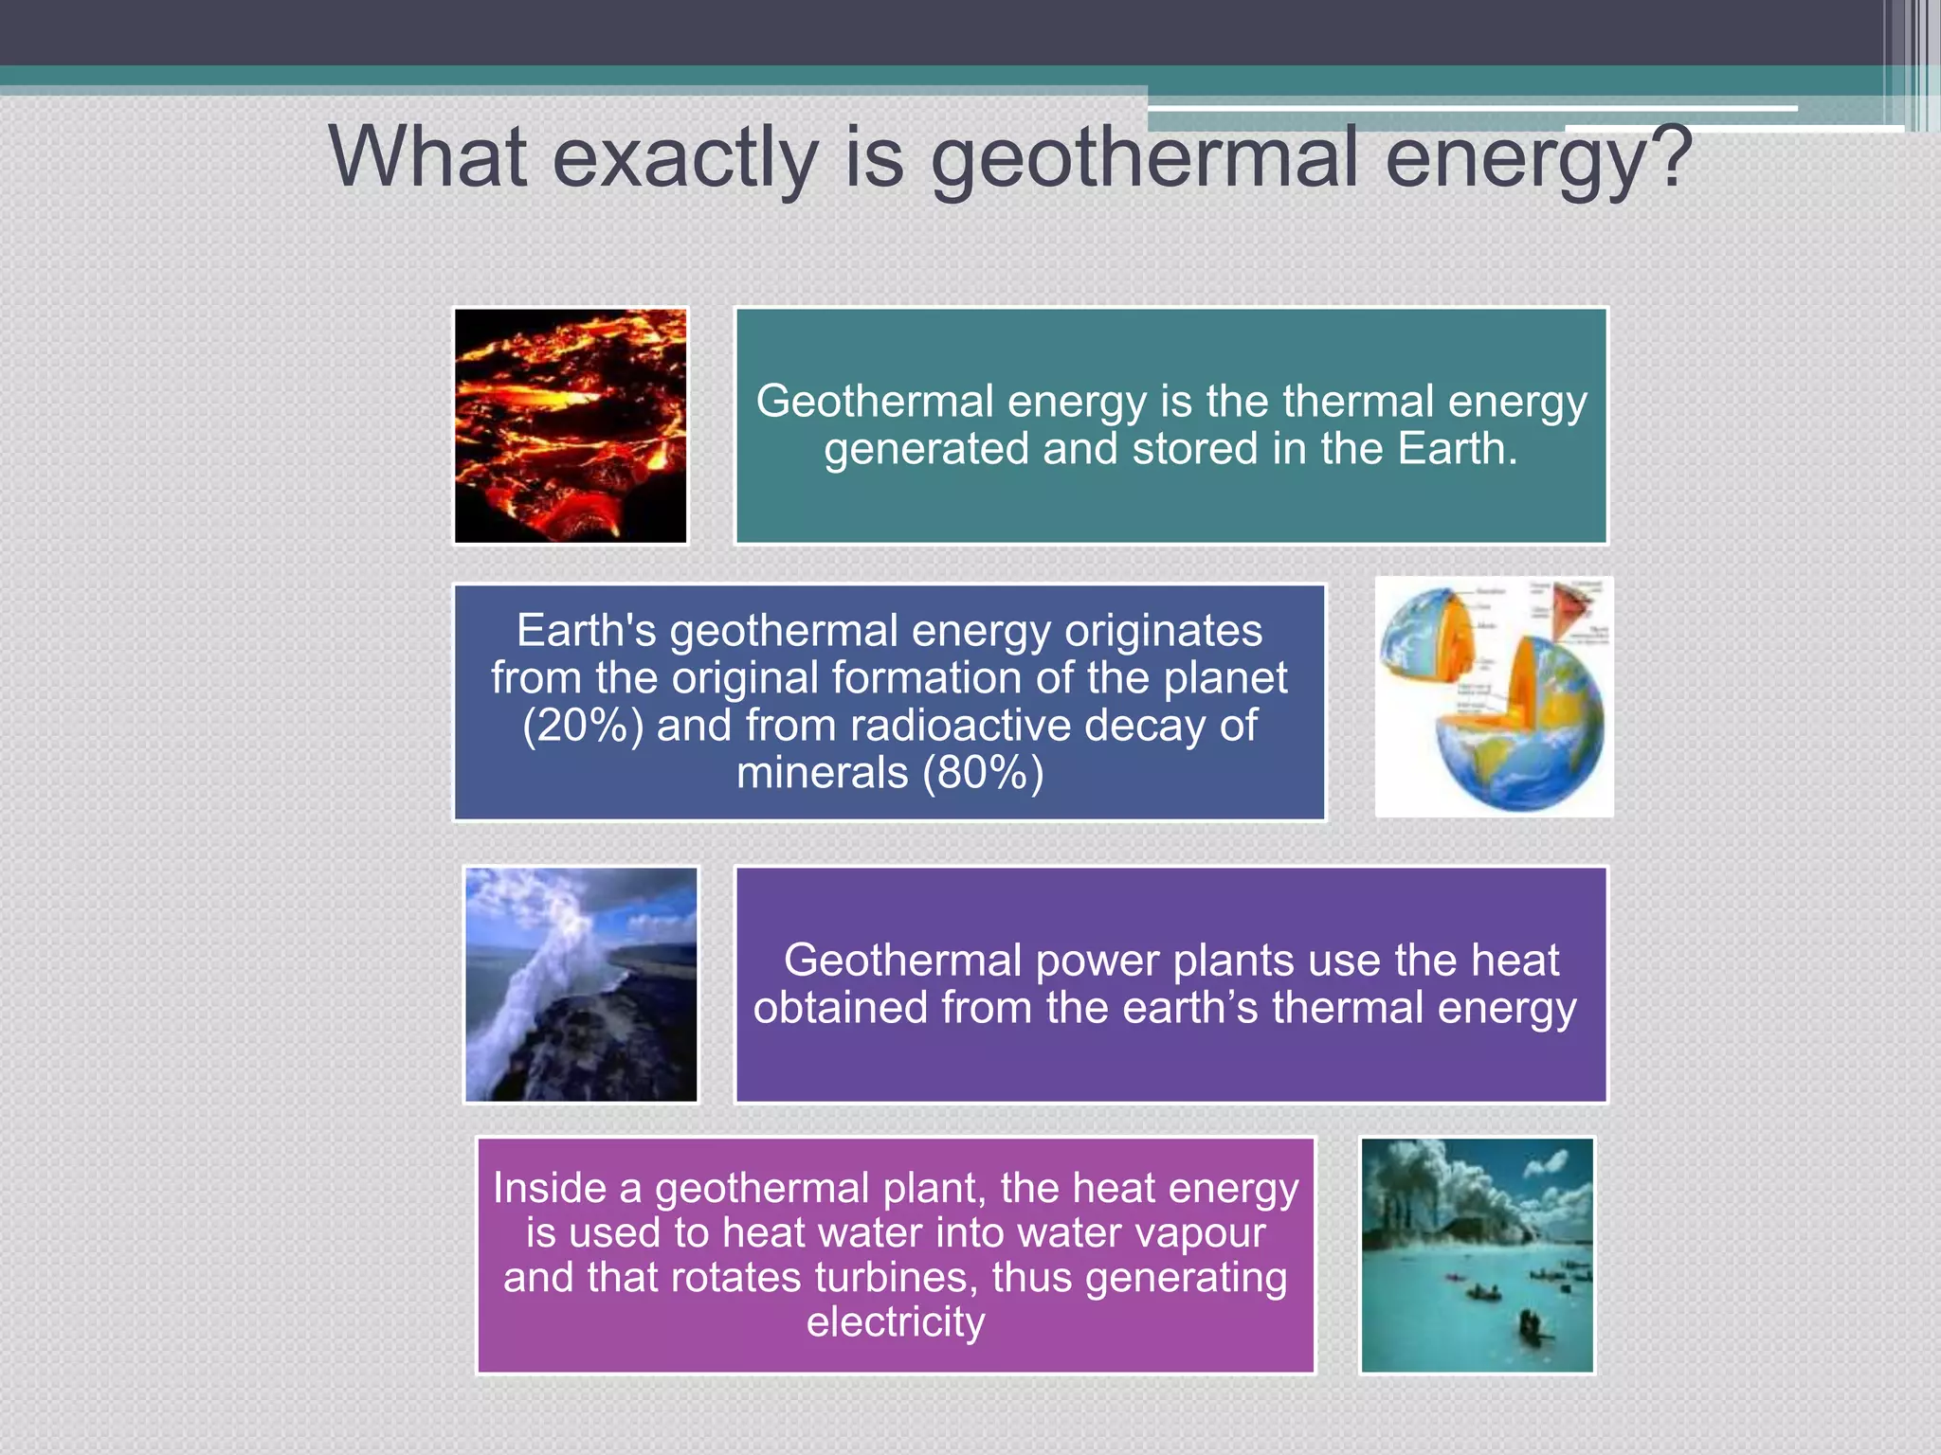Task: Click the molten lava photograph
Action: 571,425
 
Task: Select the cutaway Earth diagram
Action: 1494,697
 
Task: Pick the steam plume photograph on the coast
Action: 581,984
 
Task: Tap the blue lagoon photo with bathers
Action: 1477,1255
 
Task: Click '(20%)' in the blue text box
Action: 582,726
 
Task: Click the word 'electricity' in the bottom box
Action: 896,1322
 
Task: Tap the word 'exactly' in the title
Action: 684,159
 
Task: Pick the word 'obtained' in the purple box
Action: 840,1008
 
